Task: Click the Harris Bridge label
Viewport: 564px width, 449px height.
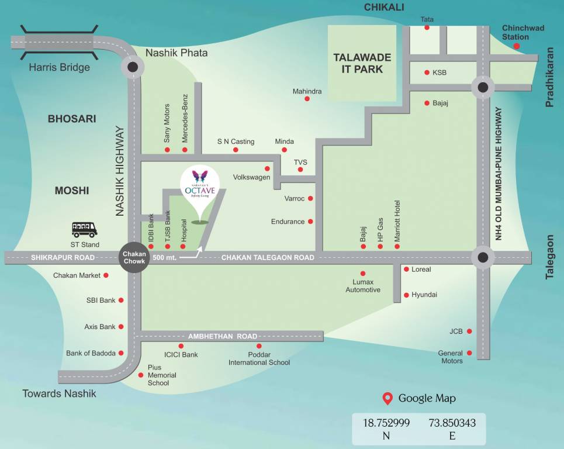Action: tap(60, 67)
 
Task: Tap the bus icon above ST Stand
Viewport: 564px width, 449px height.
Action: tap(85, 229)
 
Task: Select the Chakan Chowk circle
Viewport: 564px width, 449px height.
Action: tap(134, 257)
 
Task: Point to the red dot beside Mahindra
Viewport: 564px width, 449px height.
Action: tap(307, 99)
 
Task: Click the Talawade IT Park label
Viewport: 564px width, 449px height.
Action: tap(362, 63)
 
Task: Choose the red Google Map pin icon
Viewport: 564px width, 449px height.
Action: tap(387, 399)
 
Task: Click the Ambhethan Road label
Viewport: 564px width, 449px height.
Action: tap(223, 337)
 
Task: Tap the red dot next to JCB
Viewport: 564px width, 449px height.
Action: tap(469, 331)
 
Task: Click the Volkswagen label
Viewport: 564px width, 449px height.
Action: tap(251, 177)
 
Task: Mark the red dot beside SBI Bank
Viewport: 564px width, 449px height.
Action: tap(121, 301)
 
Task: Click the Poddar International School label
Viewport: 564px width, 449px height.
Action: tap(259, 358)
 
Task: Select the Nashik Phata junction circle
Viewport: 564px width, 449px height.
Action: tap(133, 67)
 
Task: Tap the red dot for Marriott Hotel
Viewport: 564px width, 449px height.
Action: tap(397, 247)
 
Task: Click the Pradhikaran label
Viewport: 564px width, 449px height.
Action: tap(549, 85)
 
